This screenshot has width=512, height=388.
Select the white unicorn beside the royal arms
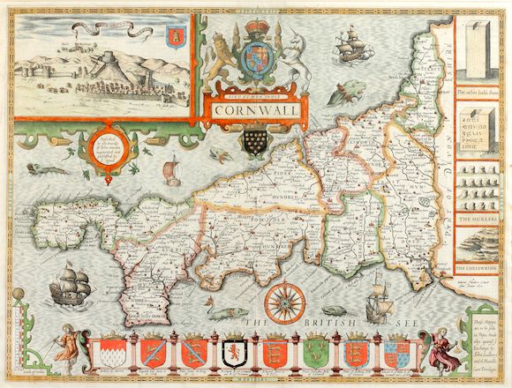click(x=281, y=60)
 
